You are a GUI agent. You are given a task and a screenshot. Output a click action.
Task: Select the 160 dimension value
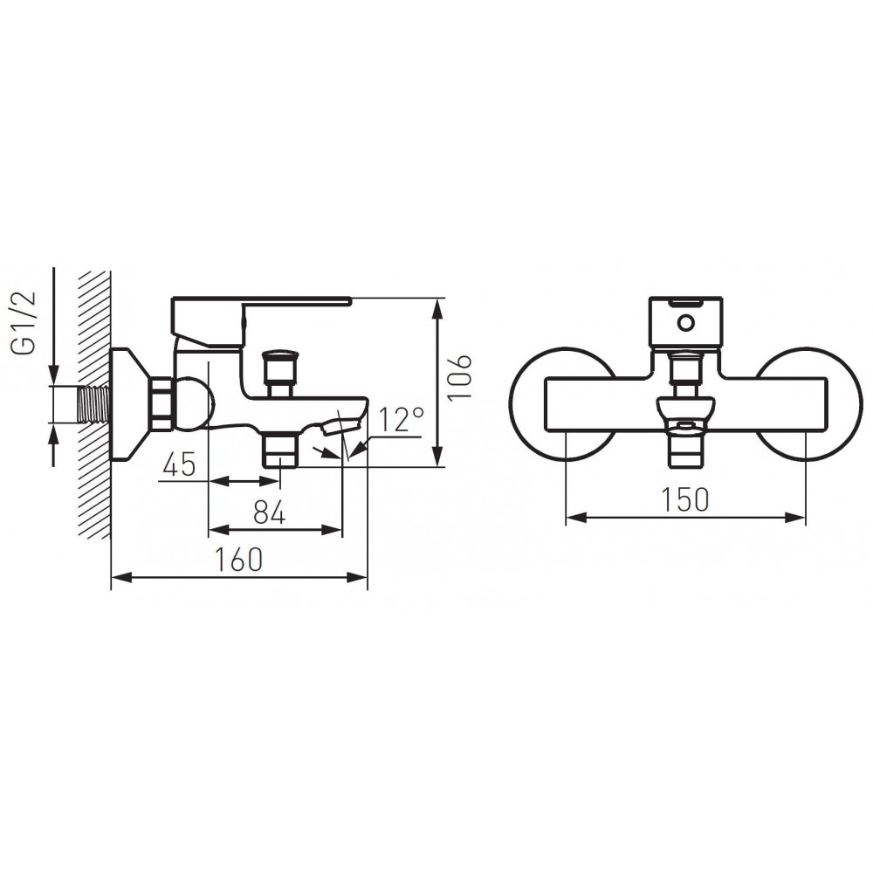point(239,560)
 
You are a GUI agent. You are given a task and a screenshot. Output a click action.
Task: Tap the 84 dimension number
point(269,512)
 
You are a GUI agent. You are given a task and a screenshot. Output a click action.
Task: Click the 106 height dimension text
point(460,376)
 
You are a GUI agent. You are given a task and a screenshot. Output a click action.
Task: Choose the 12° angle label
point(402,419)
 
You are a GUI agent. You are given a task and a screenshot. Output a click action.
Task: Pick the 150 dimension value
point(685,499)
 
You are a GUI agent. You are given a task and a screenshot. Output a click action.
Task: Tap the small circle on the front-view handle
point(685,323)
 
